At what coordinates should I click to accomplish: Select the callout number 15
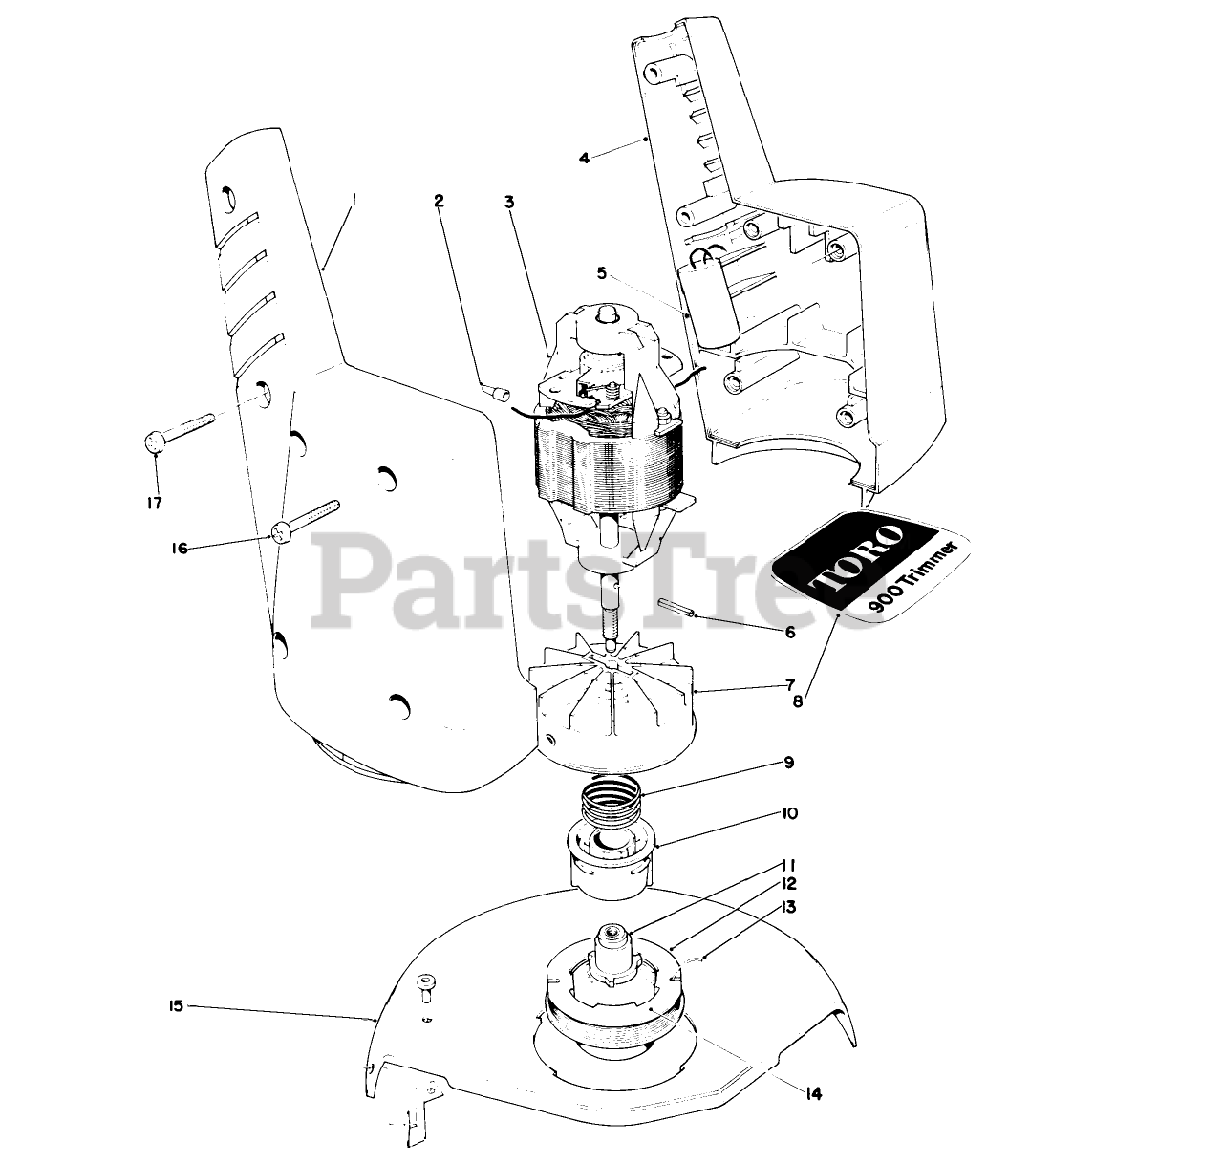pos(174,1006)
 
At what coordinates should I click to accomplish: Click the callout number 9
pos(788,763)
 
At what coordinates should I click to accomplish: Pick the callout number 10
pos(789,814)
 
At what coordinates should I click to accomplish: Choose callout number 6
pos(789,632)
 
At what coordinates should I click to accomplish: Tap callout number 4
pos(584,157)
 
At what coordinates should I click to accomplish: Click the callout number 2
pos(439,201)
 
